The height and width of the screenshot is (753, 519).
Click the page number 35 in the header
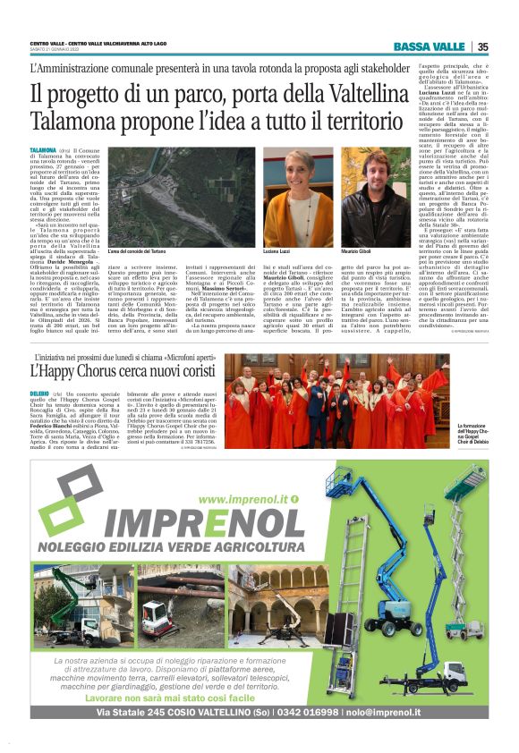pos(482,47)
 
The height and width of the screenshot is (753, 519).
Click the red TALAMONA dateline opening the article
pos(42,151)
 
